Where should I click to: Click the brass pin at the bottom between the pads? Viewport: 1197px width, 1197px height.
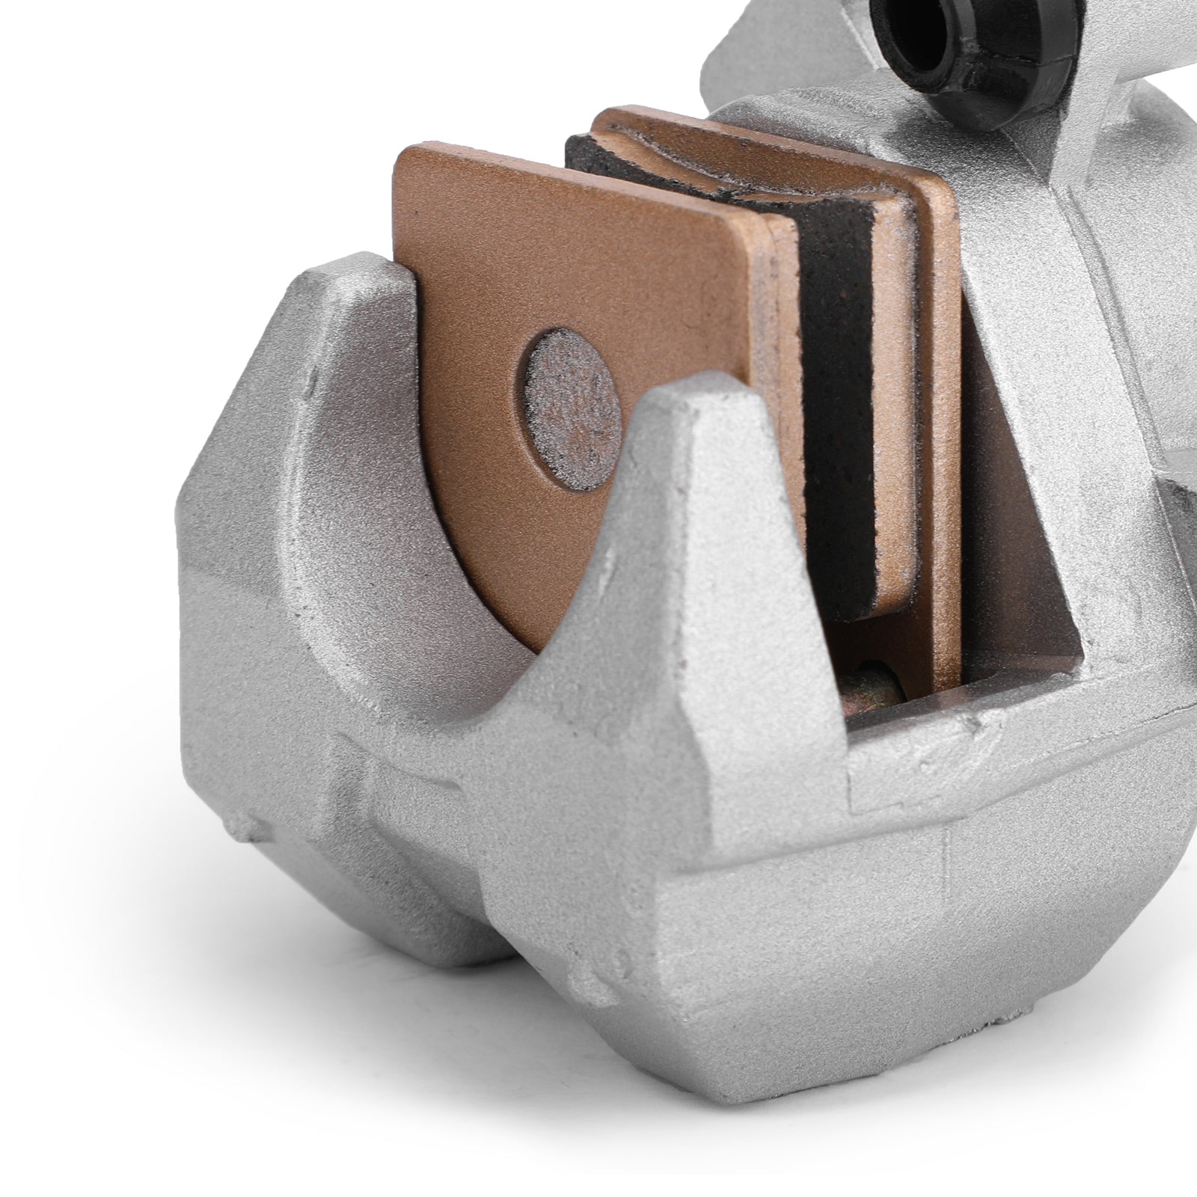[x=875, y=682]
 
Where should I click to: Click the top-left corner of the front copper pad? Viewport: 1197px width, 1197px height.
[x=408, y=153]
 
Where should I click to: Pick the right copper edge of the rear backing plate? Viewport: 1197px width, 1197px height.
[x=946, y=449]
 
